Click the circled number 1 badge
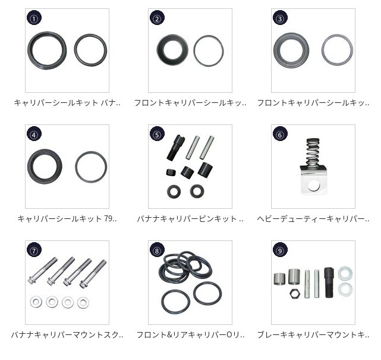[x=34, y=18]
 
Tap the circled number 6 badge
[x=280, y=134]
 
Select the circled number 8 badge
[x=157, y=250]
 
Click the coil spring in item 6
[x=313, y=152]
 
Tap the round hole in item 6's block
[x=313, y=186]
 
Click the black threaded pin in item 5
[x=175, y=148]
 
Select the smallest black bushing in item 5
[x=171, y=173]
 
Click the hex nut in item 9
[x=294, y=293]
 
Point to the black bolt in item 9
[x=329, y=283]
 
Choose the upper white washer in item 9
[x=345, y=273]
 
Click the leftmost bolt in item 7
[x=43, y=270]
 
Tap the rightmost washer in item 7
[x=83, y=302]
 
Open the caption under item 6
[x=313, y=219]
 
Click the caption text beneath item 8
[x=190, y=335]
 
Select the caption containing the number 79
[x=67, y=219]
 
